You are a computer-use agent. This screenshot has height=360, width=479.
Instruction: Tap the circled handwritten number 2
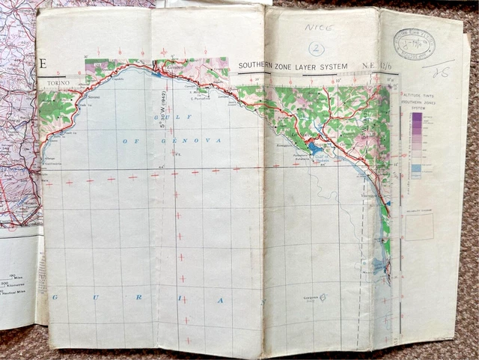317,49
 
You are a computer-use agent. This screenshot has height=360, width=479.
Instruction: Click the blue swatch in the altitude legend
416,170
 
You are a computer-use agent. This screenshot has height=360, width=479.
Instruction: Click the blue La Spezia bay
314,148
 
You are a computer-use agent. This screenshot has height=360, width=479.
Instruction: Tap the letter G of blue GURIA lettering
54,297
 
